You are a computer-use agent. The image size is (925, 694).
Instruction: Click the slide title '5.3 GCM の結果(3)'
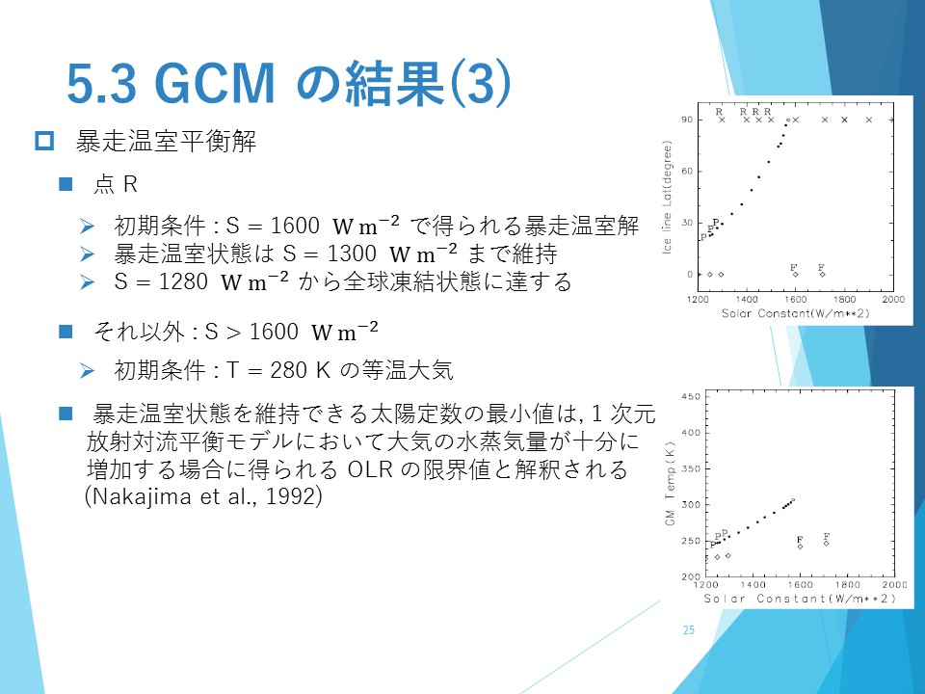[288, 83]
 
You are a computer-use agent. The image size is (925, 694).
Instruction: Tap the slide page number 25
[688, 630]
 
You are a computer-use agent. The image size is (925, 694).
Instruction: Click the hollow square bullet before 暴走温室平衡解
[44, 141]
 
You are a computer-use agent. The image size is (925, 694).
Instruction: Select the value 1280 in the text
[183, 281]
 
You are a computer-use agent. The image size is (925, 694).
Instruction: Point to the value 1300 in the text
[352, 254]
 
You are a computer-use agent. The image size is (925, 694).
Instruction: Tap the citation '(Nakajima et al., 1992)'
[204, 495]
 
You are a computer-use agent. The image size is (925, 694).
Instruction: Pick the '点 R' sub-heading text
[116, 185]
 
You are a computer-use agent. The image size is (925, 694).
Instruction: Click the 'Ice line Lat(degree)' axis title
[667, 197]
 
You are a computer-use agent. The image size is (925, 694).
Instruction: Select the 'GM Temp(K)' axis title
[670, 483]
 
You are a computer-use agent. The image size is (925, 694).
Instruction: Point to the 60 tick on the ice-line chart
[686, 172]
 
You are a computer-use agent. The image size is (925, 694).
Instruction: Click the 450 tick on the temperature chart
[691, 396]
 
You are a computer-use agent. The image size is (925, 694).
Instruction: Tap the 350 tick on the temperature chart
[691, 468]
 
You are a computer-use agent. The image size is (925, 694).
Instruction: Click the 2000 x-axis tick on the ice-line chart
[893, 299]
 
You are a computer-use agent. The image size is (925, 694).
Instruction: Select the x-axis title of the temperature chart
[800, 599]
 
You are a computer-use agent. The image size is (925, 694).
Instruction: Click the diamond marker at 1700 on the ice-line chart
[822, 275]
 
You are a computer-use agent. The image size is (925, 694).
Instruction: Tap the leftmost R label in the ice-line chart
[719, 112]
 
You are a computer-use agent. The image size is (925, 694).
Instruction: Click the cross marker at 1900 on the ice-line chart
[869, 120]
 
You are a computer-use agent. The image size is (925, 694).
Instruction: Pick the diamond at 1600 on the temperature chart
[800, 547]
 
